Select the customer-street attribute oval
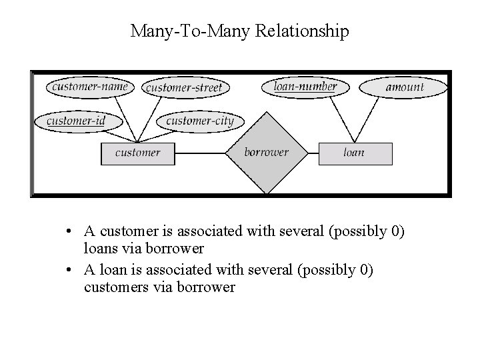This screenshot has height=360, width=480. point(183,87)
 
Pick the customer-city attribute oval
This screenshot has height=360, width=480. point(199,121)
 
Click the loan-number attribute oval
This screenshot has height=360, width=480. point(305,86)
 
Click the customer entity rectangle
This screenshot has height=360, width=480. point(137,153)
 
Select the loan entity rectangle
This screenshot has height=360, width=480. point(354,153)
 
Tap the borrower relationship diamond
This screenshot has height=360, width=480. point(266,153)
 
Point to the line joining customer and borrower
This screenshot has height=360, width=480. point(200,153)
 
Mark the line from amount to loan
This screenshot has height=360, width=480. point(373,120)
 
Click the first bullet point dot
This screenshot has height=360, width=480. point(69,232)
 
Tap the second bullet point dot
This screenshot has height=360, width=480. point(69,271)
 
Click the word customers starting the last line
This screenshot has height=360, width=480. point(114,287)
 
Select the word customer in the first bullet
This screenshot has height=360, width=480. point(125,231)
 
